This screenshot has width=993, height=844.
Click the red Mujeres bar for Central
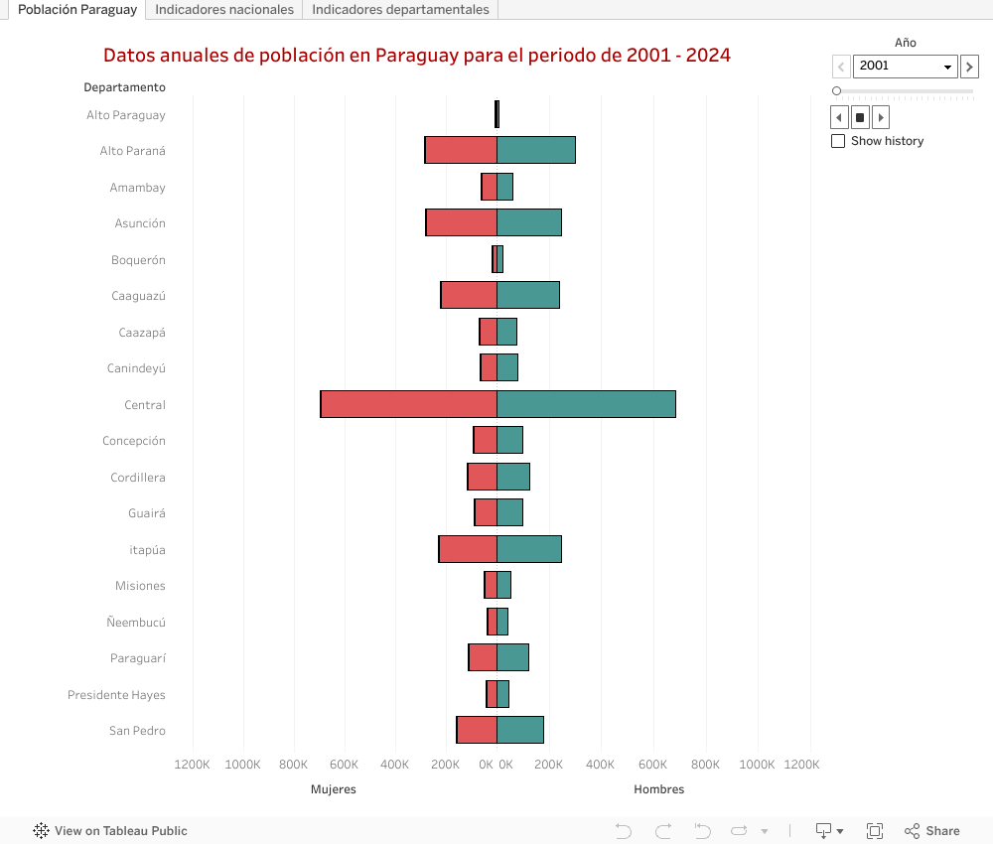point(408,404)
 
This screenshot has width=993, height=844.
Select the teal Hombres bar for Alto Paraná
point(536,150)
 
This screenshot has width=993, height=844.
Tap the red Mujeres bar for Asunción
point(462,222)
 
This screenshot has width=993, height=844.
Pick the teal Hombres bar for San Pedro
point(520,730)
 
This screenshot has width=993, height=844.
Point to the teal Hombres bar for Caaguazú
point(528,295)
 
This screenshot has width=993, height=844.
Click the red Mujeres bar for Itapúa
point(468,549)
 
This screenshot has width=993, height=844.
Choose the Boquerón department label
point(138,260)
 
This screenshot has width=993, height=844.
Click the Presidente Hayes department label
point(116,695)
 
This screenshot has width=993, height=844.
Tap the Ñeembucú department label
point(136,623)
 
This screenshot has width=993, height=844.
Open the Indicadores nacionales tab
point(224,10)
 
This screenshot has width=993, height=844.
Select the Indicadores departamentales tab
point(400,10)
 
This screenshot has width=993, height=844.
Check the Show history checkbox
point(838,141)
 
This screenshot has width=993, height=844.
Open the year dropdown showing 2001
point(905,67)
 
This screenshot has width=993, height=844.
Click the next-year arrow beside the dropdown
point(969,67)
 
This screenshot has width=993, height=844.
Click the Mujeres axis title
point(333,789)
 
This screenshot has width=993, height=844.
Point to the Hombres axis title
point(658,789)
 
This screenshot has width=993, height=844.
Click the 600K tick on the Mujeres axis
point(344,765)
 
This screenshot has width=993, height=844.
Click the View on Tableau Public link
point(110,831)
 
